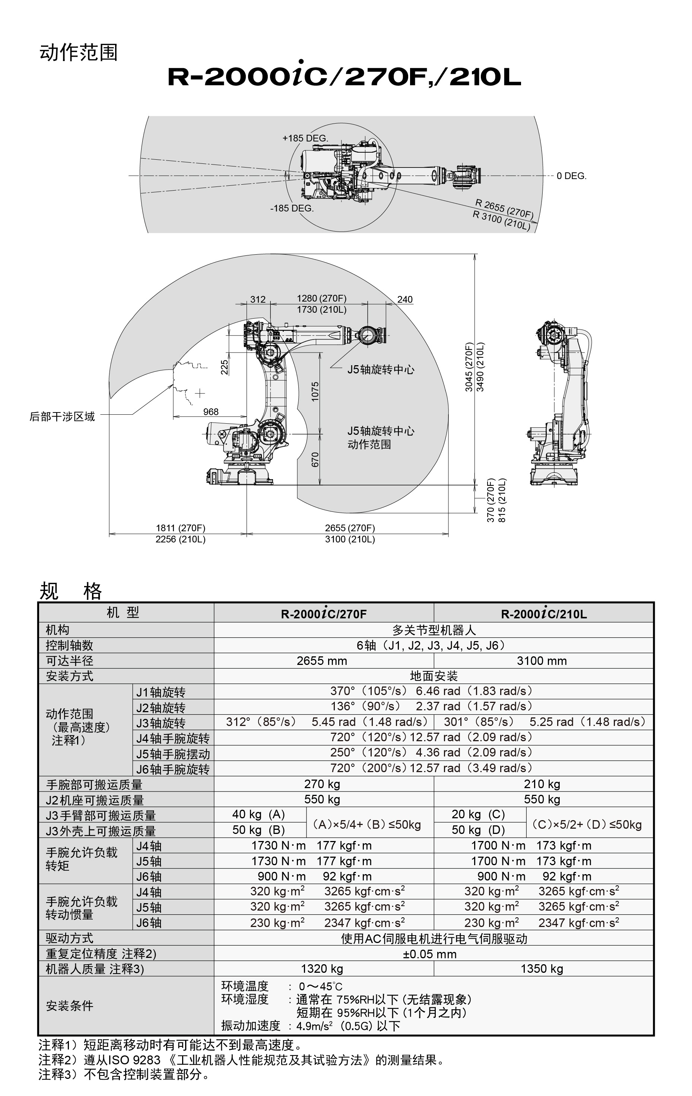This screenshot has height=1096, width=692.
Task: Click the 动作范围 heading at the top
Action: tap(79, 53)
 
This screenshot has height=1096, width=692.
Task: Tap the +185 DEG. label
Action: tap(305, 138)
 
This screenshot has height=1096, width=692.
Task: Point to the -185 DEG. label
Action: tap(292, 208)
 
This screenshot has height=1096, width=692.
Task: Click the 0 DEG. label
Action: tap(571, 176)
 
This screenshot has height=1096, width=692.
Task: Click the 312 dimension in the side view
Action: tap(258, 299)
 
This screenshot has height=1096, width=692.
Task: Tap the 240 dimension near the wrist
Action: tap(405, 299)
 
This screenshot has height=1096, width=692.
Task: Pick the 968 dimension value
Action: tap(211, 411)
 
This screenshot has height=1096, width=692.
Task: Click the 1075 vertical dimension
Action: tap(315, 391)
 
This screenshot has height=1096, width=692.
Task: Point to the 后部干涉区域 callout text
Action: tap(62, 417)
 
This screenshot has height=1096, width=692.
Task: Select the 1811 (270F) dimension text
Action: tap(181, 528)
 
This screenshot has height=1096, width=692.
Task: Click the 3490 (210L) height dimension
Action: tap(480, 367)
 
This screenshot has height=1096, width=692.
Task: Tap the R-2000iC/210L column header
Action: tap(544, 614)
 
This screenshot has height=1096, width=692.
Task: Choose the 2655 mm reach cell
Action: tap(322, 661)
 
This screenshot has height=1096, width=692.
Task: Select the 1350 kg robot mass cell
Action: tap(542, 969)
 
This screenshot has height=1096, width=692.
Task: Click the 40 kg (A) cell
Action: tap(258, 814)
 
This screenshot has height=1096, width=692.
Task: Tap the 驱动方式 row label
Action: tap(70, 938)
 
